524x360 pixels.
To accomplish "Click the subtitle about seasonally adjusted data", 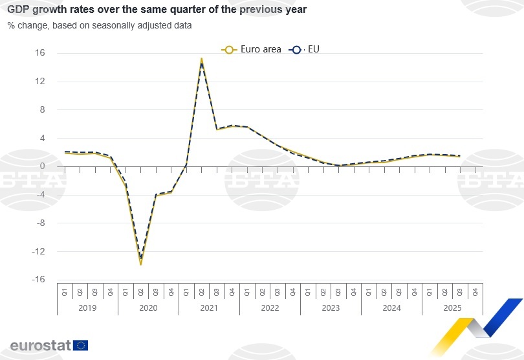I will pos(100,25).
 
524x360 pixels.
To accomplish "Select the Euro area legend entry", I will pos(252,49).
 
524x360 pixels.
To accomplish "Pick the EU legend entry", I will pos(305,49).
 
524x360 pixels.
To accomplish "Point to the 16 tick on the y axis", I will pos(40,53).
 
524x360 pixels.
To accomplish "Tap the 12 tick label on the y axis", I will pos(40,82).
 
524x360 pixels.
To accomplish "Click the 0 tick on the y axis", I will pos(42,166).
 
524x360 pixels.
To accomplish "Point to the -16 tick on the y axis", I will pos(38,280).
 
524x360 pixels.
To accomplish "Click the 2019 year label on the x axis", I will pos(87,308).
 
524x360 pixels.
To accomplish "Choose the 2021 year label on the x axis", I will pos(209,308).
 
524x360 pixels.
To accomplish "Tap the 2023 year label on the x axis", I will pos(331,308).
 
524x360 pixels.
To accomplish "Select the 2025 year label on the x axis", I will pos(452,308).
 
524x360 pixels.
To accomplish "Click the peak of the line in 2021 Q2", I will pos(202,59).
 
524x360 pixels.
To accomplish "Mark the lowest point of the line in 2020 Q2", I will pos(141,264).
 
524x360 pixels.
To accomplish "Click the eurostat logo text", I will pos(40,345).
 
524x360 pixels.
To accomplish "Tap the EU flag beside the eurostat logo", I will pos(81,345).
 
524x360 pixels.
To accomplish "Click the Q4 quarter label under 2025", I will pos(475,291).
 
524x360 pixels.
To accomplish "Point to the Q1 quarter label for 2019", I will pos(65,291).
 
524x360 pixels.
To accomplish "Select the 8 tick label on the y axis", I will pos(42,110).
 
